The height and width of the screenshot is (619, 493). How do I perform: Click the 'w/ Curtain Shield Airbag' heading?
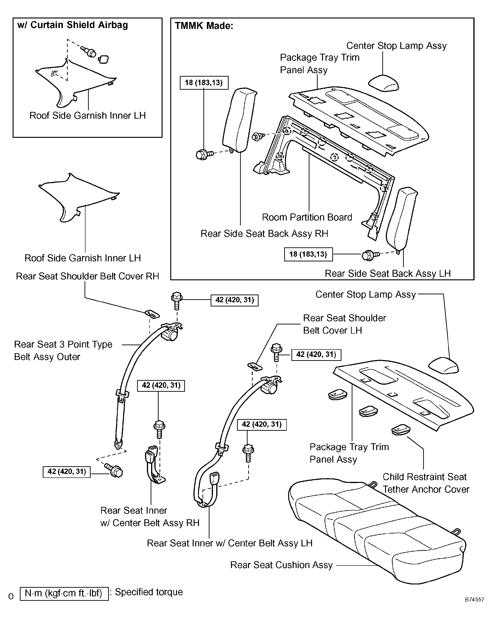[x=72, y=25]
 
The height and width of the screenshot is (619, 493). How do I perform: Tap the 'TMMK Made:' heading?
[x=204, y=26]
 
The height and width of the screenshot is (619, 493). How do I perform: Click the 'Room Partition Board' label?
[x=307, y=217]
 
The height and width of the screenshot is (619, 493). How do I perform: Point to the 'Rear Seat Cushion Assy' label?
[x=281, y=565]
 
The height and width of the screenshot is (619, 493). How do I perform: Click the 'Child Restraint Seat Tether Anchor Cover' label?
[x=426, y=483]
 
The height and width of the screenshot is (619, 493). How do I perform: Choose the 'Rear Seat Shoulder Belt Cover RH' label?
[x=87, y=276]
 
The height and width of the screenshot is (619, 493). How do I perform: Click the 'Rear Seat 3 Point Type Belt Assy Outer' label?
[x=63, y=350]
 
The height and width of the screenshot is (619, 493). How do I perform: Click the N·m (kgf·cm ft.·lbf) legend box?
[x=64, y=594]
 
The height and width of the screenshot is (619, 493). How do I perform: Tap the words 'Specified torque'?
[x=149, y=592]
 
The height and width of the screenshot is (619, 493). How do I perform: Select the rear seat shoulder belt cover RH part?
[x=152, y=313]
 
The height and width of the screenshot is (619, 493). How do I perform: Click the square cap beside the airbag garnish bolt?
[x=103, y=59]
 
